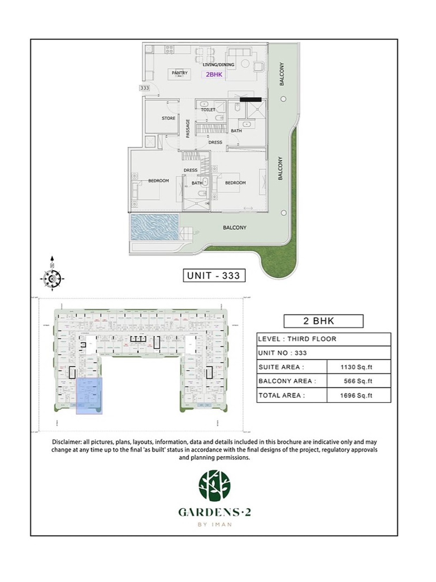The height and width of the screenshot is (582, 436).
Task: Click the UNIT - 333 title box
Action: pos(214,276)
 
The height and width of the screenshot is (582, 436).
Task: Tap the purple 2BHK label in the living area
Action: pos(214,75)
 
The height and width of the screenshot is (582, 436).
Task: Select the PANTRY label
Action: pos(179,73)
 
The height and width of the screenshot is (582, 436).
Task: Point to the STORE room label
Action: pos(168,118)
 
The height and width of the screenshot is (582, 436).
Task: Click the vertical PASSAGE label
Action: pos(188,128)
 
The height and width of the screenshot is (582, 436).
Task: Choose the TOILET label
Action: pos(208,110)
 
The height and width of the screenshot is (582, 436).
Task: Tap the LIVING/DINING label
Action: pos(218,65)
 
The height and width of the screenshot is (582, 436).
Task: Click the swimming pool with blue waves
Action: pos(155,227)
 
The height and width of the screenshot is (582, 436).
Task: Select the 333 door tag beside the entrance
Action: pos(145,88)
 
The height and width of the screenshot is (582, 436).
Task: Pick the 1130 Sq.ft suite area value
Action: pos(356,367)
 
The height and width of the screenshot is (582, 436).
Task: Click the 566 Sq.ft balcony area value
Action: pos(358,381)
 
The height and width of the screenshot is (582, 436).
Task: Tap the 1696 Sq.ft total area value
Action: pos(356,396)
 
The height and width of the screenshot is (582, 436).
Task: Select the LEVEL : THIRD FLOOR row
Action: pos(324,339)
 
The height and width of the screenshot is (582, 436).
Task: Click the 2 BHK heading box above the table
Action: pos(323,321)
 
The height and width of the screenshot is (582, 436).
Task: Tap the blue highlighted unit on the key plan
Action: pos(89,396)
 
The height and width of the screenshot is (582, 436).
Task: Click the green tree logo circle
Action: pos(214,486)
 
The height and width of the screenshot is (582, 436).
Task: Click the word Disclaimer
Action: pos(65,442)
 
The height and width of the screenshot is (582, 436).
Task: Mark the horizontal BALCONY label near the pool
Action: pos(235,228)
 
